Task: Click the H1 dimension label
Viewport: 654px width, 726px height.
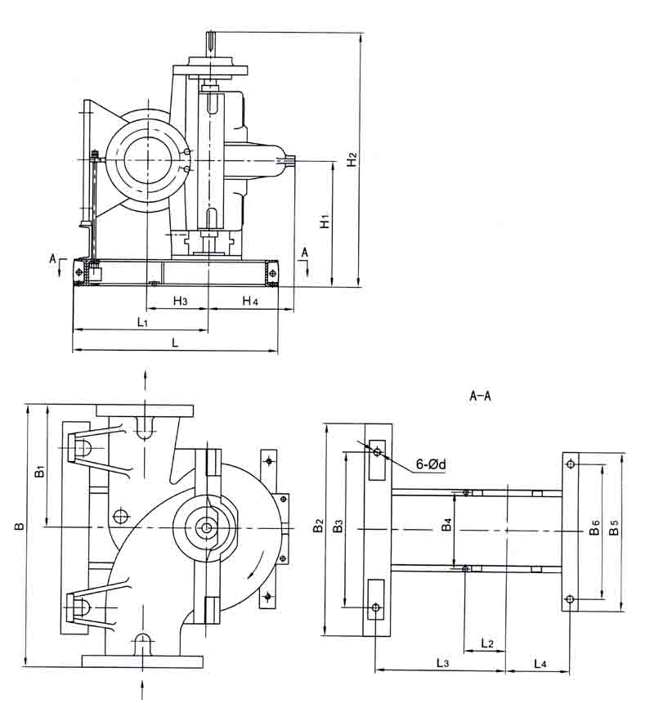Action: click(x=325, y=222)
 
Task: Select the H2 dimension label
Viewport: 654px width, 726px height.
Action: click(x=351, y=159)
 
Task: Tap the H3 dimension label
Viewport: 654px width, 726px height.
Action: click(x=181, y=302)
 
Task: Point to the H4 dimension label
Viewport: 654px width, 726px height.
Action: click(x=249, y=302)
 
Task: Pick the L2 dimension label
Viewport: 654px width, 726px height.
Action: click(x=486, y=643)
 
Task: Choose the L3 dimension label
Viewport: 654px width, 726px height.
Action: click(x=441, y=661)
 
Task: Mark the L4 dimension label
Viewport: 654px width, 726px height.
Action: click(x=540, y=661)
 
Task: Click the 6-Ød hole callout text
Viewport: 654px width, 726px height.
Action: click(x=430, y=464)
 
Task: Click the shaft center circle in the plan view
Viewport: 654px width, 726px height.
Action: click(x=206, y=528)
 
